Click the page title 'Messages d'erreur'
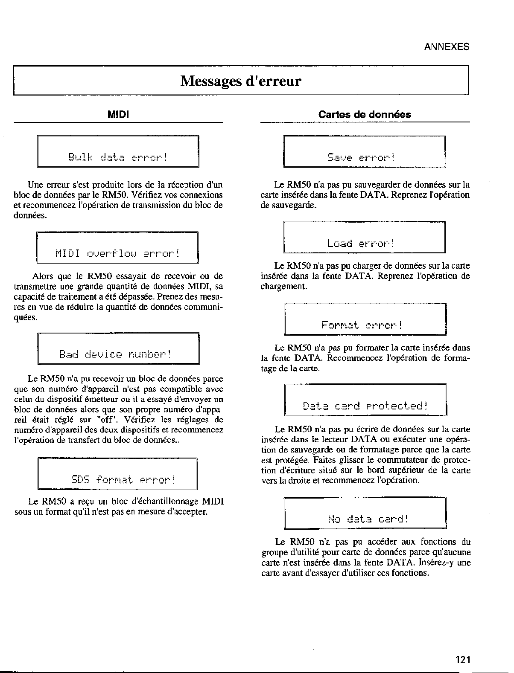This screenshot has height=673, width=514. tap(241, 81)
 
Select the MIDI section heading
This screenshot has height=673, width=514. tap(118, 114)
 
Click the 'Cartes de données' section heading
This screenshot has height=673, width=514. tap(365, 114)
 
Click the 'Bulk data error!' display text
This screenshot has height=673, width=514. tap(118, 157)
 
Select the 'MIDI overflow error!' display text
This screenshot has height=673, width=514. tap(117, 254)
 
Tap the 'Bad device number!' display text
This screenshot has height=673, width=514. tap(115, 354)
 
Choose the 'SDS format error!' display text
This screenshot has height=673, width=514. tap(123, 479)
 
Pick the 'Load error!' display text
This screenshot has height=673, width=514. tap(361, 244)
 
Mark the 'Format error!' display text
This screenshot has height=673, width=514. tap(362, 325)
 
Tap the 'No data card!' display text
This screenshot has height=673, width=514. tap(368, 519)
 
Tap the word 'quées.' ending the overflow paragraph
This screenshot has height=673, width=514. tap(26, 317)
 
